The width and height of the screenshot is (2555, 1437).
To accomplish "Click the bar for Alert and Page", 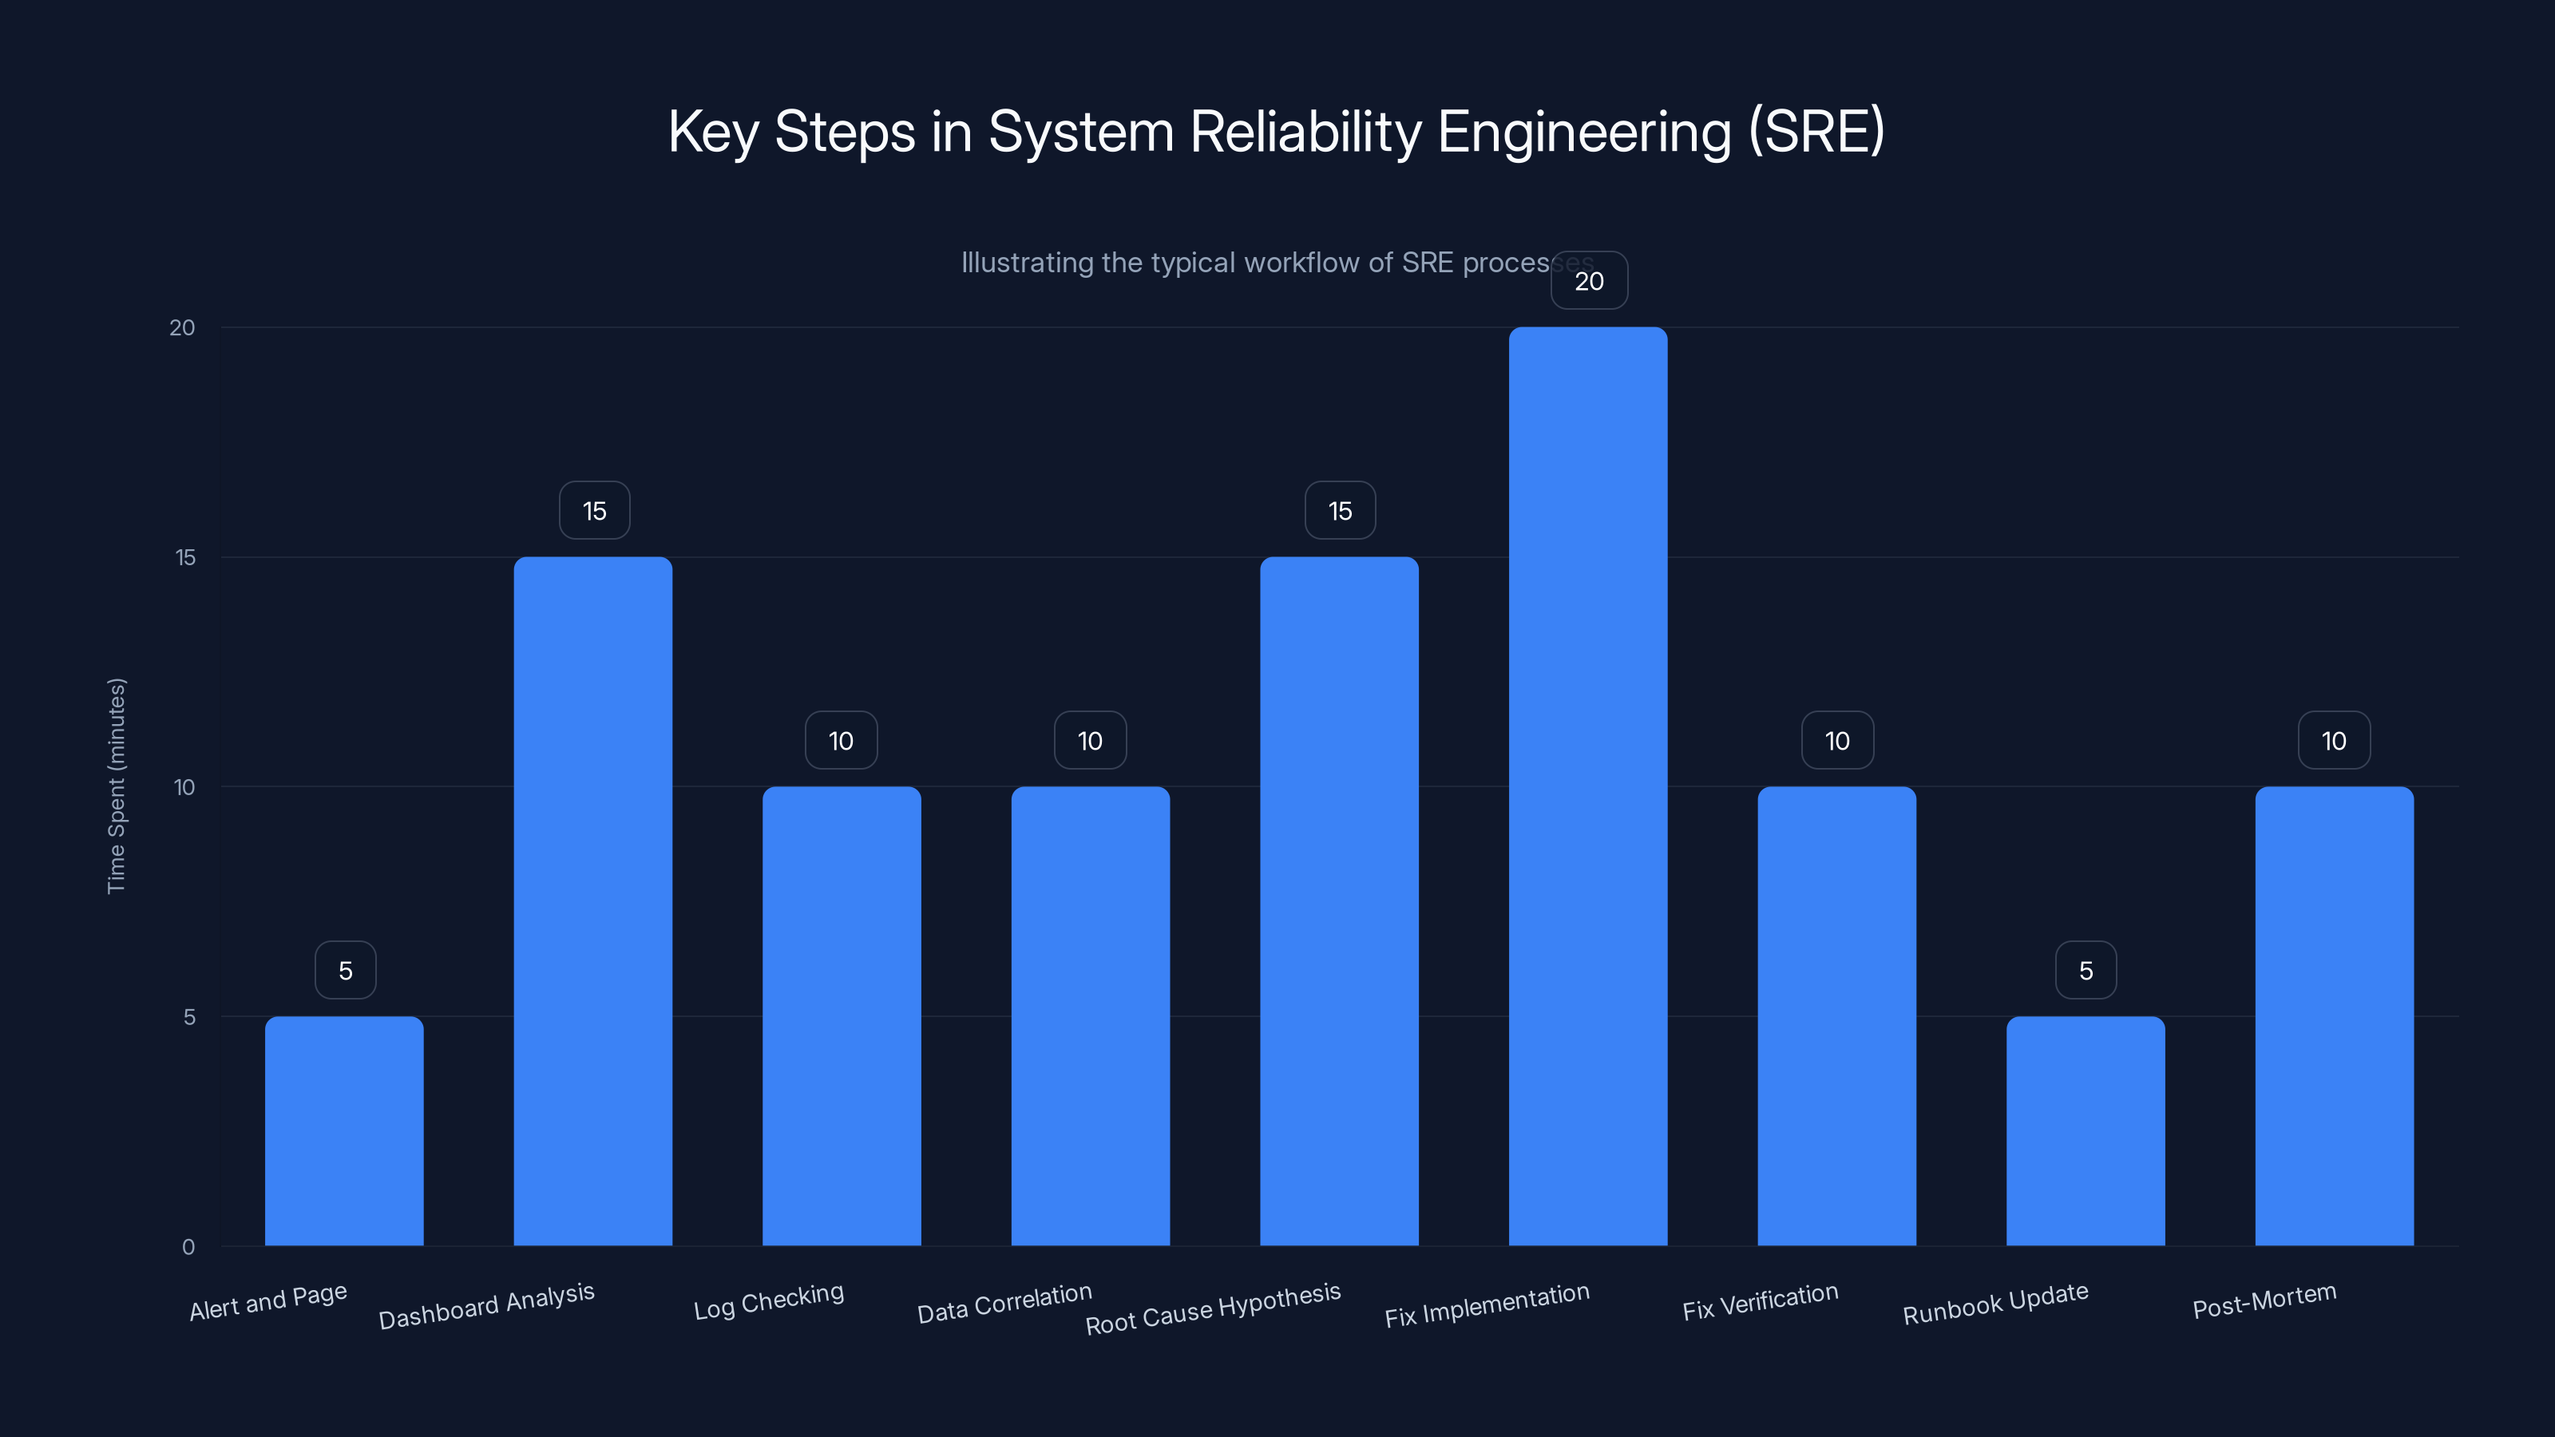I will (x=344, y=1130).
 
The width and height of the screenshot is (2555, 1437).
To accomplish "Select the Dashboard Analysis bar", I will (x=593, y=901).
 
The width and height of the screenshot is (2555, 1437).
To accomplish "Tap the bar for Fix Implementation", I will (x=1588, y=786).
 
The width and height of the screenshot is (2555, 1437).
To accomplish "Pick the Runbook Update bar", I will (x=2085, y=1130).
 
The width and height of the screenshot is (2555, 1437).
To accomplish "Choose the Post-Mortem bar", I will (x=2334, y=1015).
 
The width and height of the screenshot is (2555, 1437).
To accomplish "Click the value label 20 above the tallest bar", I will (x=1589, y=282).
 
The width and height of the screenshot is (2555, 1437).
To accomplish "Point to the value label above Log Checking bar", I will (x=841, y=741).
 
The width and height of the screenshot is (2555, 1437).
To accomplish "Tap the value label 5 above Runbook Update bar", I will (x=2086, y=971).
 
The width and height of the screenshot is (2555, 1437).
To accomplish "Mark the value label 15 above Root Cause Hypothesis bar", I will (x=1340, y=511).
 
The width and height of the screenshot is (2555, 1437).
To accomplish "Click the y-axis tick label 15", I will (x=185, y=557).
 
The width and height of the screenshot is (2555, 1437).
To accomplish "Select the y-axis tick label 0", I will (x=188, y=1246).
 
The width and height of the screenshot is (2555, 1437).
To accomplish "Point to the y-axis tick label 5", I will (x=189, y=1016).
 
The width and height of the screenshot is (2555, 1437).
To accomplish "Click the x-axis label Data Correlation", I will (x=1004, y=1303).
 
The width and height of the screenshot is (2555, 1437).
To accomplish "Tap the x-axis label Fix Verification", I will (x=1760, y=1302).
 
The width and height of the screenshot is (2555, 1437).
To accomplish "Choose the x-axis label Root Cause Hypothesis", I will (x=1212, y=1309).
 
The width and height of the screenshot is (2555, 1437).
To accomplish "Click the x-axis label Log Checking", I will (x=769, y=1301).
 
